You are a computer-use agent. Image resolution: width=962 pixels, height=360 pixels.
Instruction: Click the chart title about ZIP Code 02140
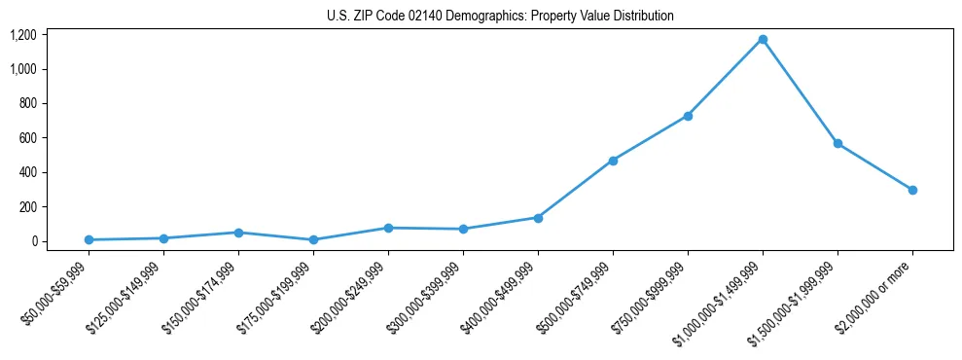click(x=499, y=17)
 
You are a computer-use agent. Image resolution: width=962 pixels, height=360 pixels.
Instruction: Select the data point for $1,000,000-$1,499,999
click(x=763, y=39)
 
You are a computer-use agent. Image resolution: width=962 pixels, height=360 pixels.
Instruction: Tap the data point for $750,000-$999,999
click(x=688, y=116)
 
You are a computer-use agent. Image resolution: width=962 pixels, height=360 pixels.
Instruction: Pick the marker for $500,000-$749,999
click(x=613, y=161)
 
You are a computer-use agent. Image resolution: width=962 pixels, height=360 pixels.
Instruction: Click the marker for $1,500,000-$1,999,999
click(x=837, y=143)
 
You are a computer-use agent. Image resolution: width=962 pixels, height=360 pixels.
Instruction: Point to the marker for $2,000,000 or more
click(x=912, y=190)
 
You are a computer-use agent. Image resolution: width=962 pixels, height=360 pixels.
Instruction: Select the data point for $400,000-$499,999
click(x=538, y=218)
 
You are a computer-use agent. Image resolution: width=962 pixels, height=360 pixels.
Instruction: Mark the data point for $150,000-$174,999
click(x=238, y=233)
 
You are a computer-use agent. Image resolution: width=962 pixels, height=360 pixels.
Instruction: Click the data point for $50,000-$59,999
click(x=89, y=239)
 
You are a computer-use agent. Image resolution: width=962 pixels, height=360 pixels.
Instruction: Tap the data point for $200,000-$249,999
click(x=388, y=228)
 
